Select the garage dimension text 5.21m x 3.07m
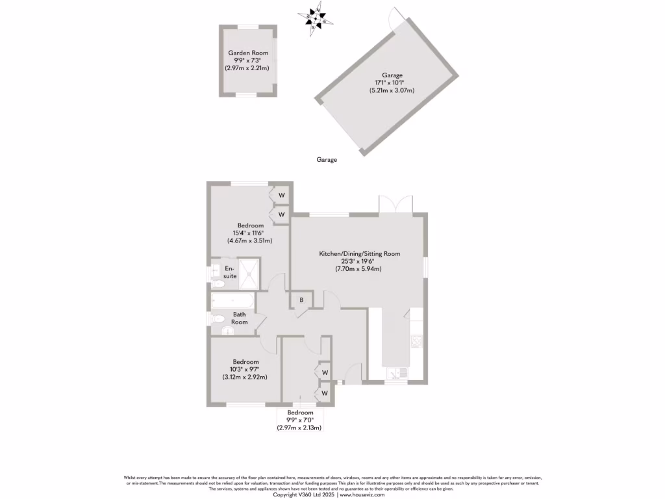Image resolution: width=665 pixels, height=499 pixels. (392, 90)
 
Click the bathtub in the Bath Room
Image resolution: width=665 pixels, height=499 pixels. (232, 301)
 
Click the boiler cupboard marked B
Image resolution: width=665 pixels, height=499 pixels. (302, 300)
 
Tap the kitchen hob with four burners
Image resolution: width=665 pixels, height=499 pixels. (416, 341)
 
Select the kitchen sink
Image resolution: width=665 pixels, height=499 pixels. (395, 373)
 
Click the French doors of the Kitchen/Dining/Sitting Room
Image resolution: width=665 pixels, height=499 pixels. (395, 203)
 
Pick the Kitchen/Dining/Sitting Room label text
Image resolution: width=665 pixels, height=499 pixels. (359, 253)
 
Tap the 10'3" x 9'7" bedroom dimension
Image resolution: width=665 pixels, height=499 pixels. (245, 370)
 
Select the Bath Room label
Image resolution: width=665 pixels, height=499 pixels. (240, 318)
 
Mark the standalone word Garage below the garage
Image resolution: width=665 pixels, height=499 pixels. (327, 159)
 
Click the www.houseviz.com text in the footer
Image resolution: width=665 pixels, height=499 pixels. (362, 494)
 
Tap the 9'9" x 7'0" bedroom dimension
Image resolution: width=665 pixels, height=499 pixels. (300, 420)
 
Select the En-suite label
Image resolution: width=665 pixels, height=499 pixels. (230, 272)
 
